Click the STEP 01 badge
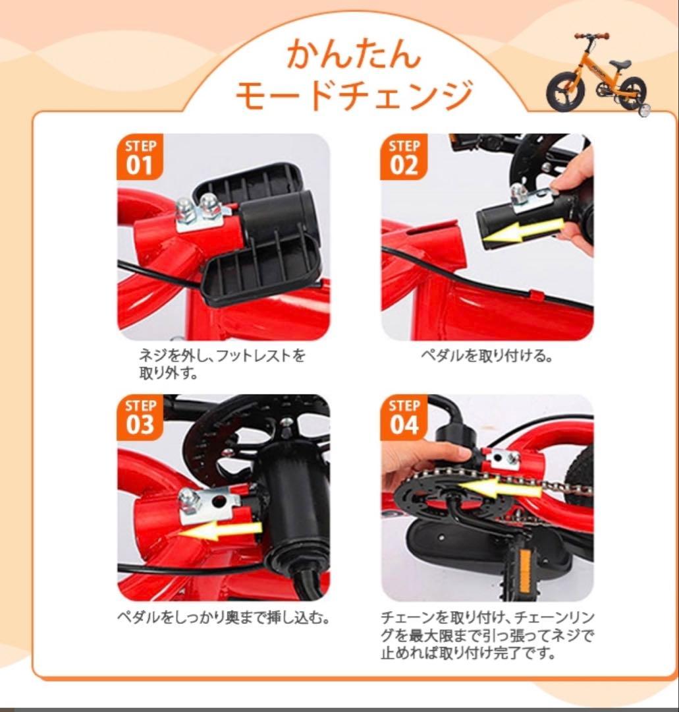[139, 157]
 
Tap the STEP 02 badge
[403, 157]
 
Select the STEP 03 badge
[139, 417]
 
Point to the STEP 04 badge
[403, 417]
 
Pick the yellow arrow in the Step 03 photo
[221, 529]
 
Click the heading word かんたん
[353, 54]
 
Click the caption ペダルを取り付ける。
[486, 357]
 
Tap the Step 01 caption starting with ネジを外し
[223, 365]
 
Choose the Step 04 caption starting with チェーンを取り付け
[487, 636]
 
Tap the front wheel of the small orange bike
[564, 93]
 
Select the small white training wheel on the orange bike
[644, 109]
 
